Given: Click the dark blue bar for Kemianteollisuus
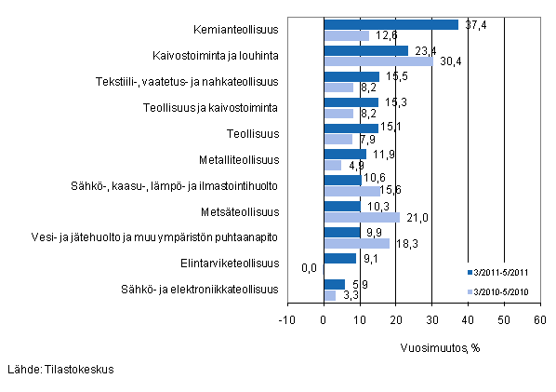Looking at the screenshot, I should click(391, 24).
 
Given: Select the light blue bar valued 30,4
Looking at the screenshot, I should click(377, 61).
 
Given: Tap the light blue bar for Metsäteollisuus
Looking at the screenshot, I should click(361, 217).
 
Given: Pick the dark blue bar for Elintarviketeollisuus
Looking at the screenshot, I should click(339, 258).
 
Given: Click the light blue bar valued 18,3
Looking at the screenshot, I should click(356, 243).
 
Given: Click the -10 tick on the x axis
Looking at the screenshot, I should click(286, 319).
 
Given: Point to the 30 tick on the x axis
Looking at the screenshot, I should click(431, 319).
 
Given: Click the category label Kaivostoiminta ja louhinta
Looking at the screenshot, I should click(215, 56).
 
